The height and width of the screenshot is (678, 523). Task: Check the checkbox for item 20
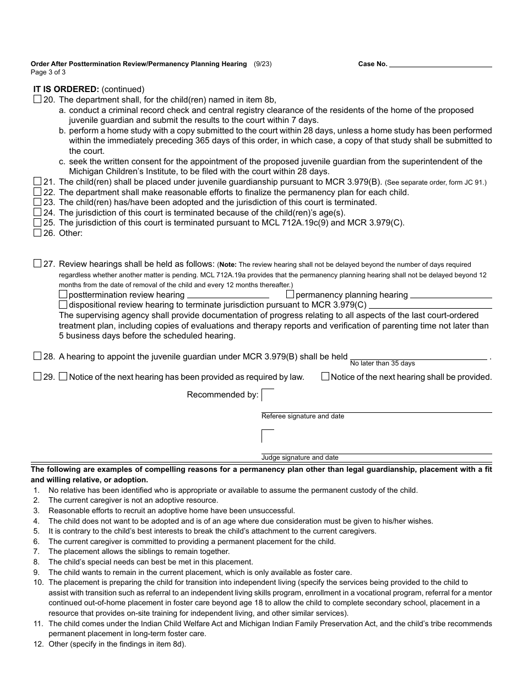(x=37, y=100)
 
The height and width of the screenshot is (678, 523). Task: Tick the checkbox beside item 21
(x=37, y=181)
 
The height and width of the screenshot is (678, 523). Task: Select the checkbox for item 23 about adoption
(x=37, y=202)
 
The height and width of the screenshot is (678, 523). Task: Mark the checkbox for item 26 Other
(x=37, y=233)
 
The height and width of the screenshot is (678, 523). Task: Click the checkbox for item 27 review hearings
(x=37, y=263)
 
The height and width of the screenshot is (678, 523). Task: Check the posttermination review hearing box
(x=63, y=294)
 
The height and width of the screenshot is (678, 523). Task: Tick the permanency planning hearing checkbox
(x=290, y=294)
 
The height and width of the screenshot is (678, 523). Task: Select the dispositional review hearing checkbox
(x=63, y=304)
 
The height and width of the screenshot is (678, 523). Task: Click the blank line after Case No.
(x=440, y=63)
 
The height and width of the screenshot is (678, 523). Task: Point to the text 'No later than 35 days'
(x=382, y=364)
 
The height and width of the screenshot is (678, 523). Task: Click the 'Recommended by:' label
(x=222, y=395)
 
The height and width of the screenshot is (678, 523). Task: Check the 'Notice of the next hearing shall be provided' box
(x=325, y=376)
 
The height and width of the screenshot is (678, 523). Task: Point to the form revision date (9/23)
(x=263, y=64)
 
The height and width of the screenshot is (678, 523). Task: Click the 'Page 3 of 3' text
(x=48, y=72)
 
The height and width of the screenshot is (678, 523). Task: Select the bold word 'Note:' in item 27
(x=228, y=265)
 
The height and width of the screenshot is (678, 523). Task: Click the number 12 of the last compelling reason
(x=38, y=643)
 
